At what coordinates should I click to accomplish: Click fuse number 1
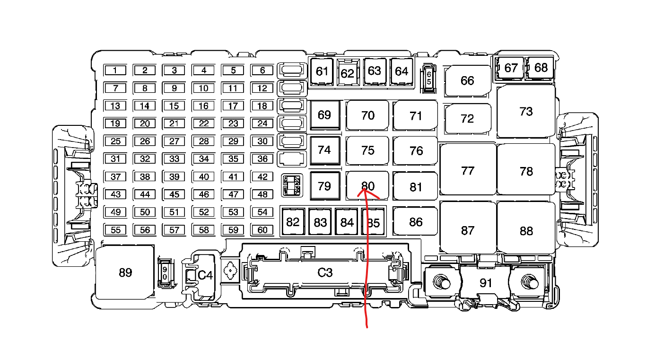[x=115, y=70]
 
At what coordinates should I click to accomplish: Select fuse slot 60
[x=262, y=230]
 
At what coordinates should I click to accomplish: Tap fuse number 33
[x=175, y=159]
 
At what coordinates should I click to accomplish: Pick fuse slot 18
[x=262, y=106]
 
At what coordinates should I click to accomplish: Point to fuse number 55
[x=115, y=230]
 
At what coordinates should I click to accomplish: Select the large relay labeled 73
[x=526, y=112]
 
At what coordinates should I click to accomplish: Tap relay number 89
[x=125, y=273]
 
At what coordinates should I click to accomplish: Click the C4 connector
[x=205, y=275]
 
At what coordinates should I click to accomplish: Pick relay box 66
[x=467, y=81]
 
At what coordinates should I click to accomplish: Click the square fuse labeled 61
[x=322, y=71]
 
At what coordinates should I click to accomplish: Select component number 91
[x=486, y=283]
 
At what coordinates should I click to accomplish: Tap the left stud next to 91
[x=443, y=283]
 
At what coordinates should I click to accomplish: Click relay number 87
[x=467, y=230]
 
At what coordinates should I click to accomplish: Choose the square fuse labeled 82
[x=293, y=222]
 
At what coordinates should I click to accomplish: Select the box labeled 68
[x=541, y=68]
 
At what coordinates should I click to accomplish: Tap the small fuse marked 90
[x=165, y=273]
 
